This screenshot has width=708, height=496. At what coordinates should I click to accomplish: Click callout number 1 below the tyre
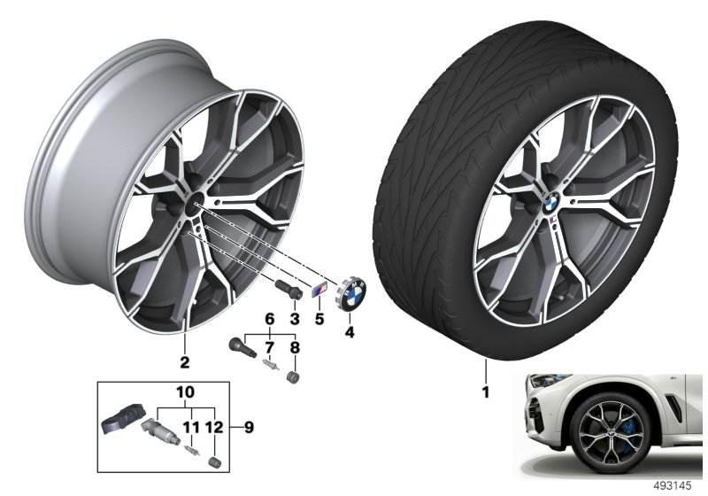pyautogui.click(x=486, y=391)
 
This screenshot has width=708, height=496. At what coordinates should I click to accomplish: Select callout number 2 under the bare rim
pyautogui.click(x=185, y=362)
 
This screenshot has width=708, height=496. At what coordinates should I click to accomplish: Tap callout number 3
pyautogui.click(x=295, y=320)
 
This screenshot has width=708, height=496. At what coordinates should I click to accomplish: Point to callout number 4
pyautogui.click(x=349, y=332)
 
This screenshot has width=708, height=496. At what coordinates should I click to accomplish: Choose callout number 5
pyautogui.click(x=319, y=320)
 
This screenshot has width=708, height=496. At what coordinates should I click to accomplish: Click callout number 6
pyautogui.click(x=270, y=320)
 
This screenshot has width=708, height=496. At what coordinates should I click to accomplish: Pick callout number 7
pyautogui.click(x=270, y=348)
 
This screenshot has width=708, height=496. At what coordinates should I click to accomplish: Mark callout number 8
pyautogui.click(x=295, y=348)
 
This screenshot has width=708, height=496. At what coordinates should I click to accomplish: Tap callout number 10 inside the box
pyautogui.click(x=186, y=392)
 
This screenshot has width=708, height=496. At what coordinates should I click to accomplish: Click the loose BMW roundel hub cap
pyautogui.click(x=350, y=295)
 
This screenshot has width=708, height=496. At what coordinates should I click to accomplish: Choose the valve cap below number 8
pyautogui.click(x=294, y=376)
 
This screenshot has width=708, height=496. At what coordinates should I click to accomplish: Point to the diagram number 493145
pyautogui.click(x=673, y=485)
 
